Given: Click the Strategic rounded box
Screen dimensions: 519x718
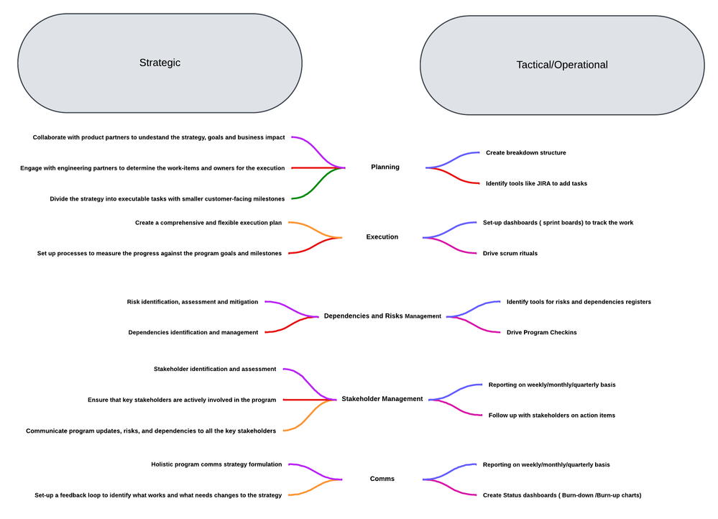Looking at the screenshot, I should tap(160, 63).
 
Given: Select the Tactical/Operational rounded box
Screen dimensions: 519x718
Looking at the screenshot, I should tap(562, 65).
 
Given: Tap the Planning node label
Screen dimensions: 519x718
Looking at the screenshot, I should tap(385, 167).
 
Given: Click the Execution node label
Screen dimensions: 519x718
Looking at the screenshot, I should tap(382, 237).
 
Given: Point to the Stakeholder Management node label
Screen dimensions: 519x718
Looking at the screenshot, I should tap(382, 399).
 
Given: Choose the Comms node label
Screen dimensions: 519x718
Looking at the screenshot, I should tap(382, 479).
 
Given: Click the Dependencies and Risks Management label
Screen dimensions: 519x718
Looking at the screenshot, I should tap(382, 316).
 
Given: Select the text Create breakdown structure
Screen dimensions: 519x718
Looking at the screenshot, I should tap(525, 153).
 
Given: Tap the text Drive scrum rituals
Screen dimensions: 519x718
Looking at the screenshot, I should tap(510, 253).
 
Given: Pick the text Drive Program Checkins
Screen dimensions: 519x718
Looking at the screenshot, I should tap(541, 332).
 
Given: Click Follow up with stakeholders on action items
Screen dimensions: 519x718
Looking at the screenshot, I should tap(551, 415).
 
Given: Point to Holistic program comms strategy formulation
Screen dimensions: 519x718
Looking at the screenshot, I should tap(216, 464).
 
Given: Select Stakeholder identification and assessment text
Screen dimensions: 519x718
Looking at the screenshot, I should tap(214, 369).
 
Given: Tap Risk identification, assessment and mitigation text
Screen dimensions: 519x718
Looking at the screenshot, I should tap(192, 302).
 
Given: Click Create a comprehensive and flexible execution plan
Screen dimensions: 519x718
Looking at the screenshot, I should tap(208, 223).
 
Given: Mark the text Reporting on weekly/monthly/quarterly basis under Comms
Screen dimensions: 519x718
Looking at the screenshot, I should tap(546, 464).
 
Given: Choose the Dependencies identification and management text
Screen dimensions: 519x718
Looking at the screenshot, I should tap(193, 332).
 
